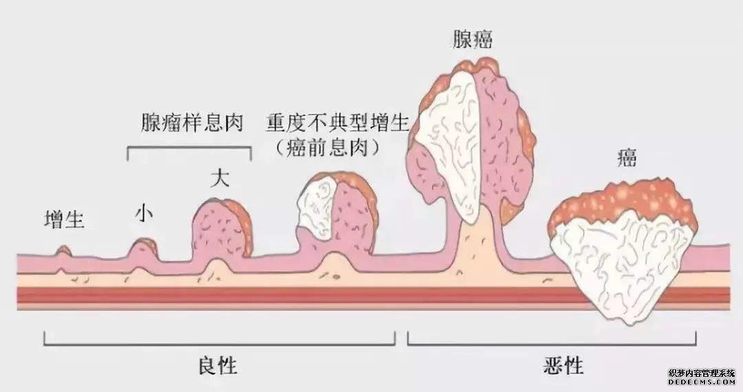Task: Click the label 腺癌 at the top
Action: pos(473,39)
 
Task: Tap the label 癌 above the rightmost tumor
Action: pos(626,159)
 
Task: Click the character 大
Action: pos(219,179)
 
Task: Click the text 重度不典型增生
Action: pos(338,124)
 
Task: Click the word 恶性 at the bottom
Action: pos(563,365)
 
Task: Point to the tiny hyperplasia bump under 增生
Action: pos(63,251)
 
